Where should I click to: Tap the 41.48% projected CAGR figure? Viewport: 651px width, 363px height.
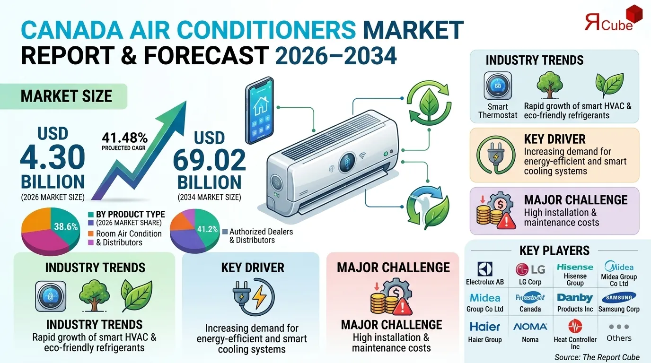pyautogui.click(x=125, y=138)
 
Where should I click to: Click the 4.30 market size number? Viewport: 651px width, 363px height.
pyautogui.click(x=53, y=158)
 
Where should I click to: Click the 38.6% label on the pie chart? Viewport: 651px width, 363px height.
pyautogui.click(x=66, y=227)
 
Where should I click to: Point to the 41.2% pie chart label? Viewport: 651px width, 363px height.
pyautogui.click(x=207, y=230)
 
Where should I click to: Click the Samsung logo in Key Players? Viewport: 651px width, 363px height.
pyautogui.click(x=619, y=297)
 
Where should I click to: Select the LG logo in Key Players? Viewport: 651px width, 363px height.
pyautogui.click(x=530, y=269)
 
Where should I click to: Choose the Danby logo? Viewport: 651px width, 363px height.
pyautogui.click(x=575, y=298)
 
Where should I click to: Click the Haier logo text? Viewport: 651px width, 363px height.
pyautogui.click(x=485, y=327)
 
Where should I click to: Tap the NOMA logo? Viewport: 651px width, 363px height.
pyautogui.click(x=530, y=327)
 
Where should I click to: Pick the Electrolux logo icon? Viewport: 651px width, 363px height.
pyautogui.click(x=485, y=269)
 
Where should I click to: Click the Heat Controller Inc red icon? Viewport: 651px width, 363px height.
pyautogui.click(x=575, y=326)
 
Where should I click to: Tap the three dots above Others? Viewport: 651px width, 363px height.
pyautogui.click(x=619, y=327)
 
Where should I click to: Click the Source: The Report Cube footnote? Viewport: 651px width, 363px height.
pyautogui.click(x=597, y=357)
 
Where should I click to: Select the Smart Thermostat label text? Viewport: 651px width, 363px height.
pyautogui.click(x=498, y=111)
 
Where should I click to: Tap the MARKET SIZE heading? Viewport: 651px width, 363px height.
pyautogui.click(x=66, y=96)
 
